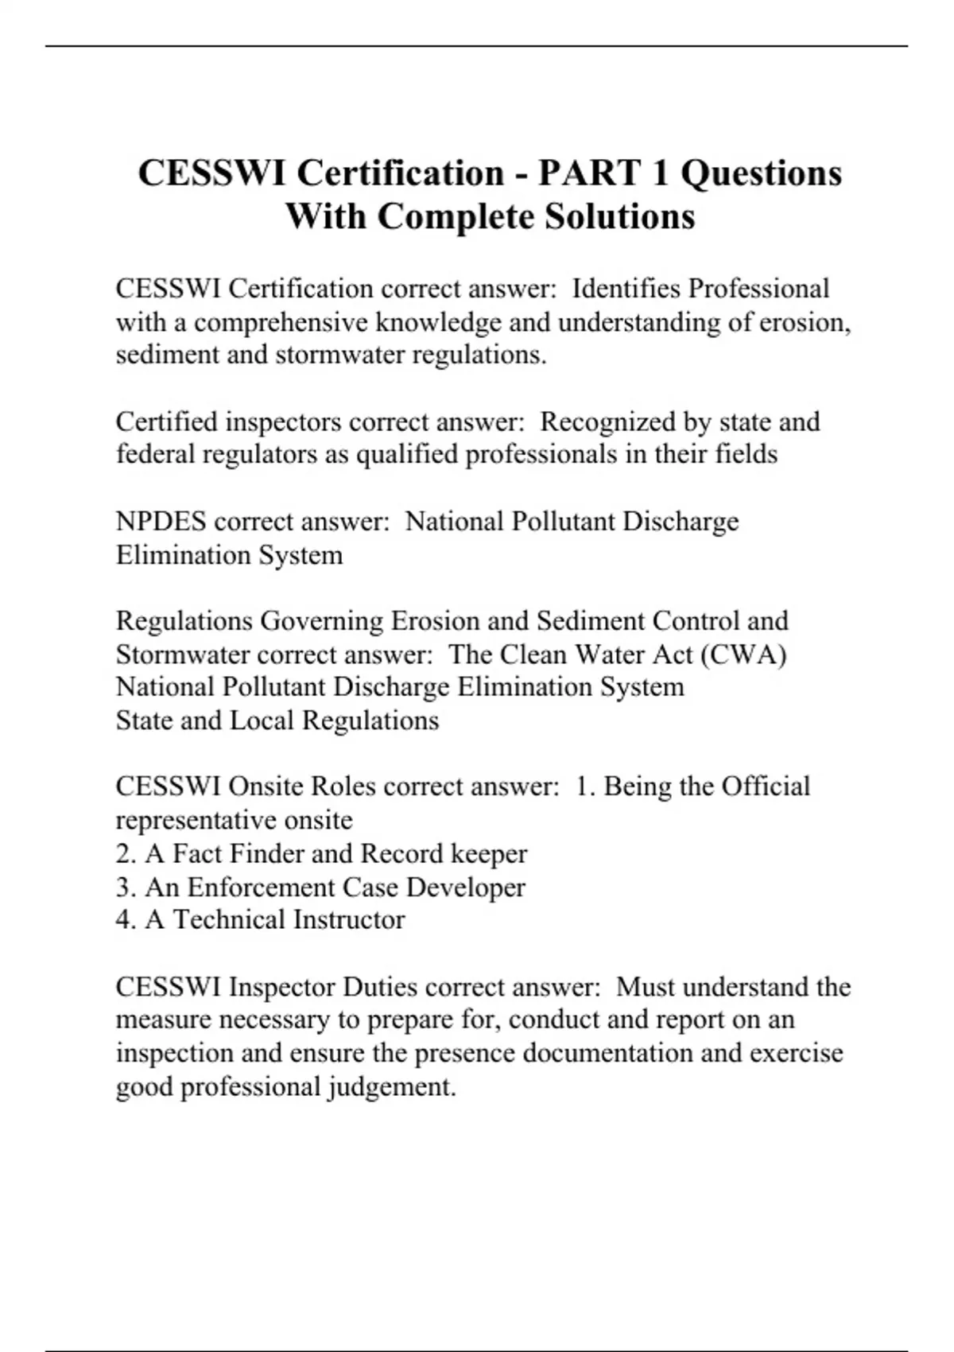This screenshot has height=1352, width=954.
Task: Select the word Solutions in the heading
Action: tap(619, 216)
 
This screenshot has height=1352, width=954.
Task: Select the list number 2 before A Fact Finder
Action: tap(126, 854)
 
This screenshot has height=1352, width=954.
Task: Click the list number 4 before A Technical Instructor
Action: tap(126, 920)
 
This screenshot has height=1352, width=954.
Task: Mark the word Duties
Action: tap(380, 987)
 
